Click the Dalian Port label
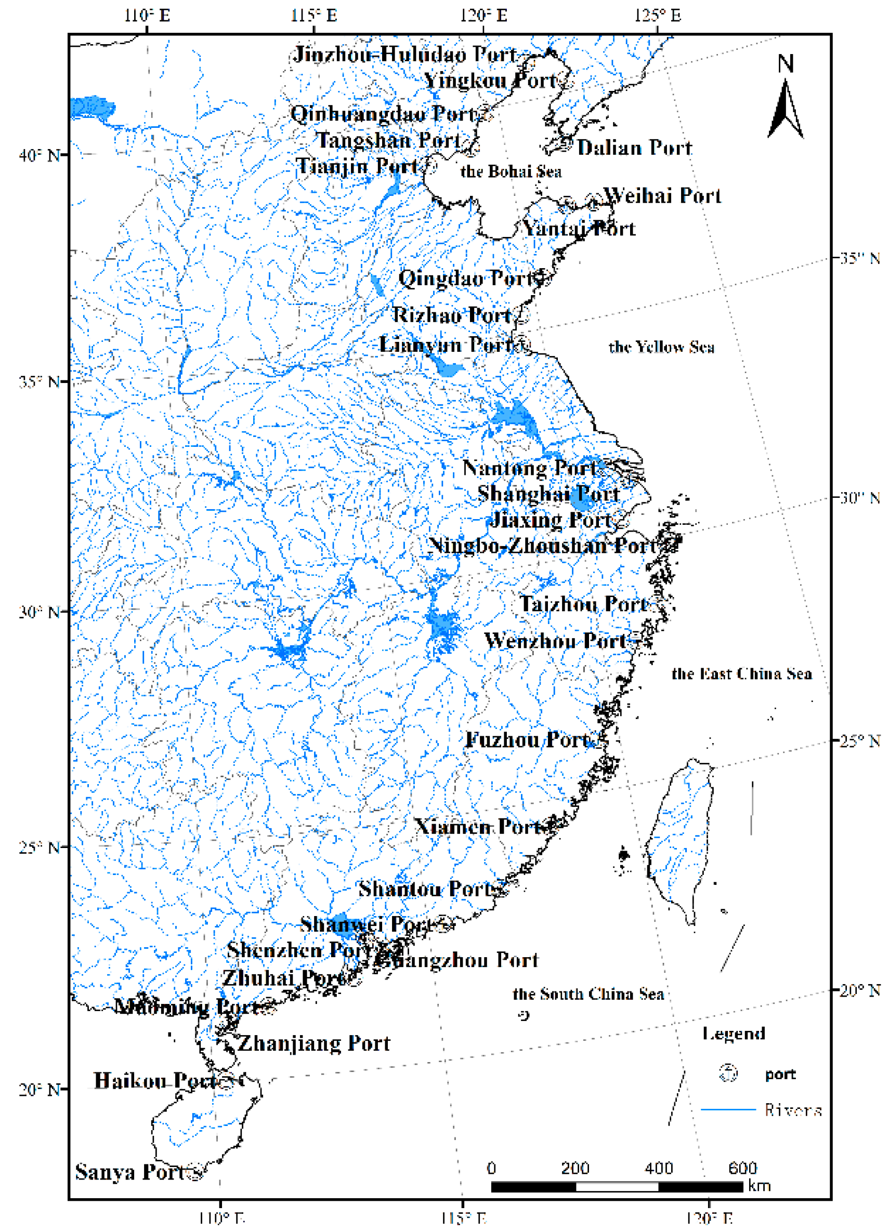[634, 148]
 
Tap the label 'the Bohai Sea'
[511, 171]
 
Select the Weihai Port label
[662, 195]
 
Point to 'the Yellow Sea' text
[661, 347]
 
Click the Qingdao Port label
[470, 279]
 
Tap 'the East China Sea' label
[742, 674]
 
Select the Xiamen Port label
[479, 827]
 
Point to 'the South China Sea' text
[589, 994]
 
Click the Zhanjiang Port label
[314, 1043]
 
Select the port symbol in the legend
[728, 1074]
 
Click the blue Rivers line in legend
[728, 1109]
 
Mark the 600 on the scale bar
[742, 1168]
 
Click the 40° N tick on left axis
[38, 155]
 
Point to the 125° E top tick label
[657, 15]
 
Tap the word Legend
[734, 1033]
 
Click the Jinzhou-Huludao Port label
[406, 55]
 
